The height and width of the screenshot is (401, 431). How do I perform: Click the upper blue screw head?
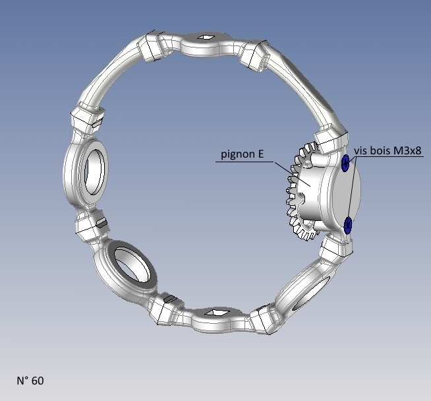coord(345,163)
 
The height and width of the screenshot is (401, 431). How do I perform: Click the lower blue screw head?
coord(348,225)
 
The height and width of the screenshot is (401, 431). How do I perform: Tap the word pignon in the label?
coord(238,154)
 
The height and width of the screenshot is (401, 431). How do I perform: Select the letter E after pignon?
coord(261,154)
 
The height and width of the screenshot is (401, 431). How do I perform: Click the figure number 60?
coord(38,381)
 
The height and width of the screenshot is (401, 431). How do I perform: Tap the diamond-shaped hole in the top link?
coord(206,37)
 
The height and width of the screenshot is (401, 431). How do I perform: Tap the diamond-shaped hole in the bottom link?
coord(219,313)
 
